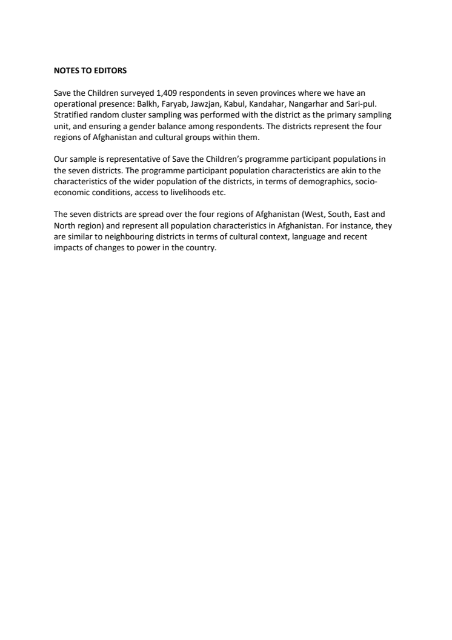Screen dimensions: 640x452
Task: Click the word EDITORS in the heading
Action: pyautogui.click(x=111, y=71)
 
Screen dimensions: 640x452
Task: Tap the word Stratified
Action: pyautogui.click(x=72, y=115)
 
